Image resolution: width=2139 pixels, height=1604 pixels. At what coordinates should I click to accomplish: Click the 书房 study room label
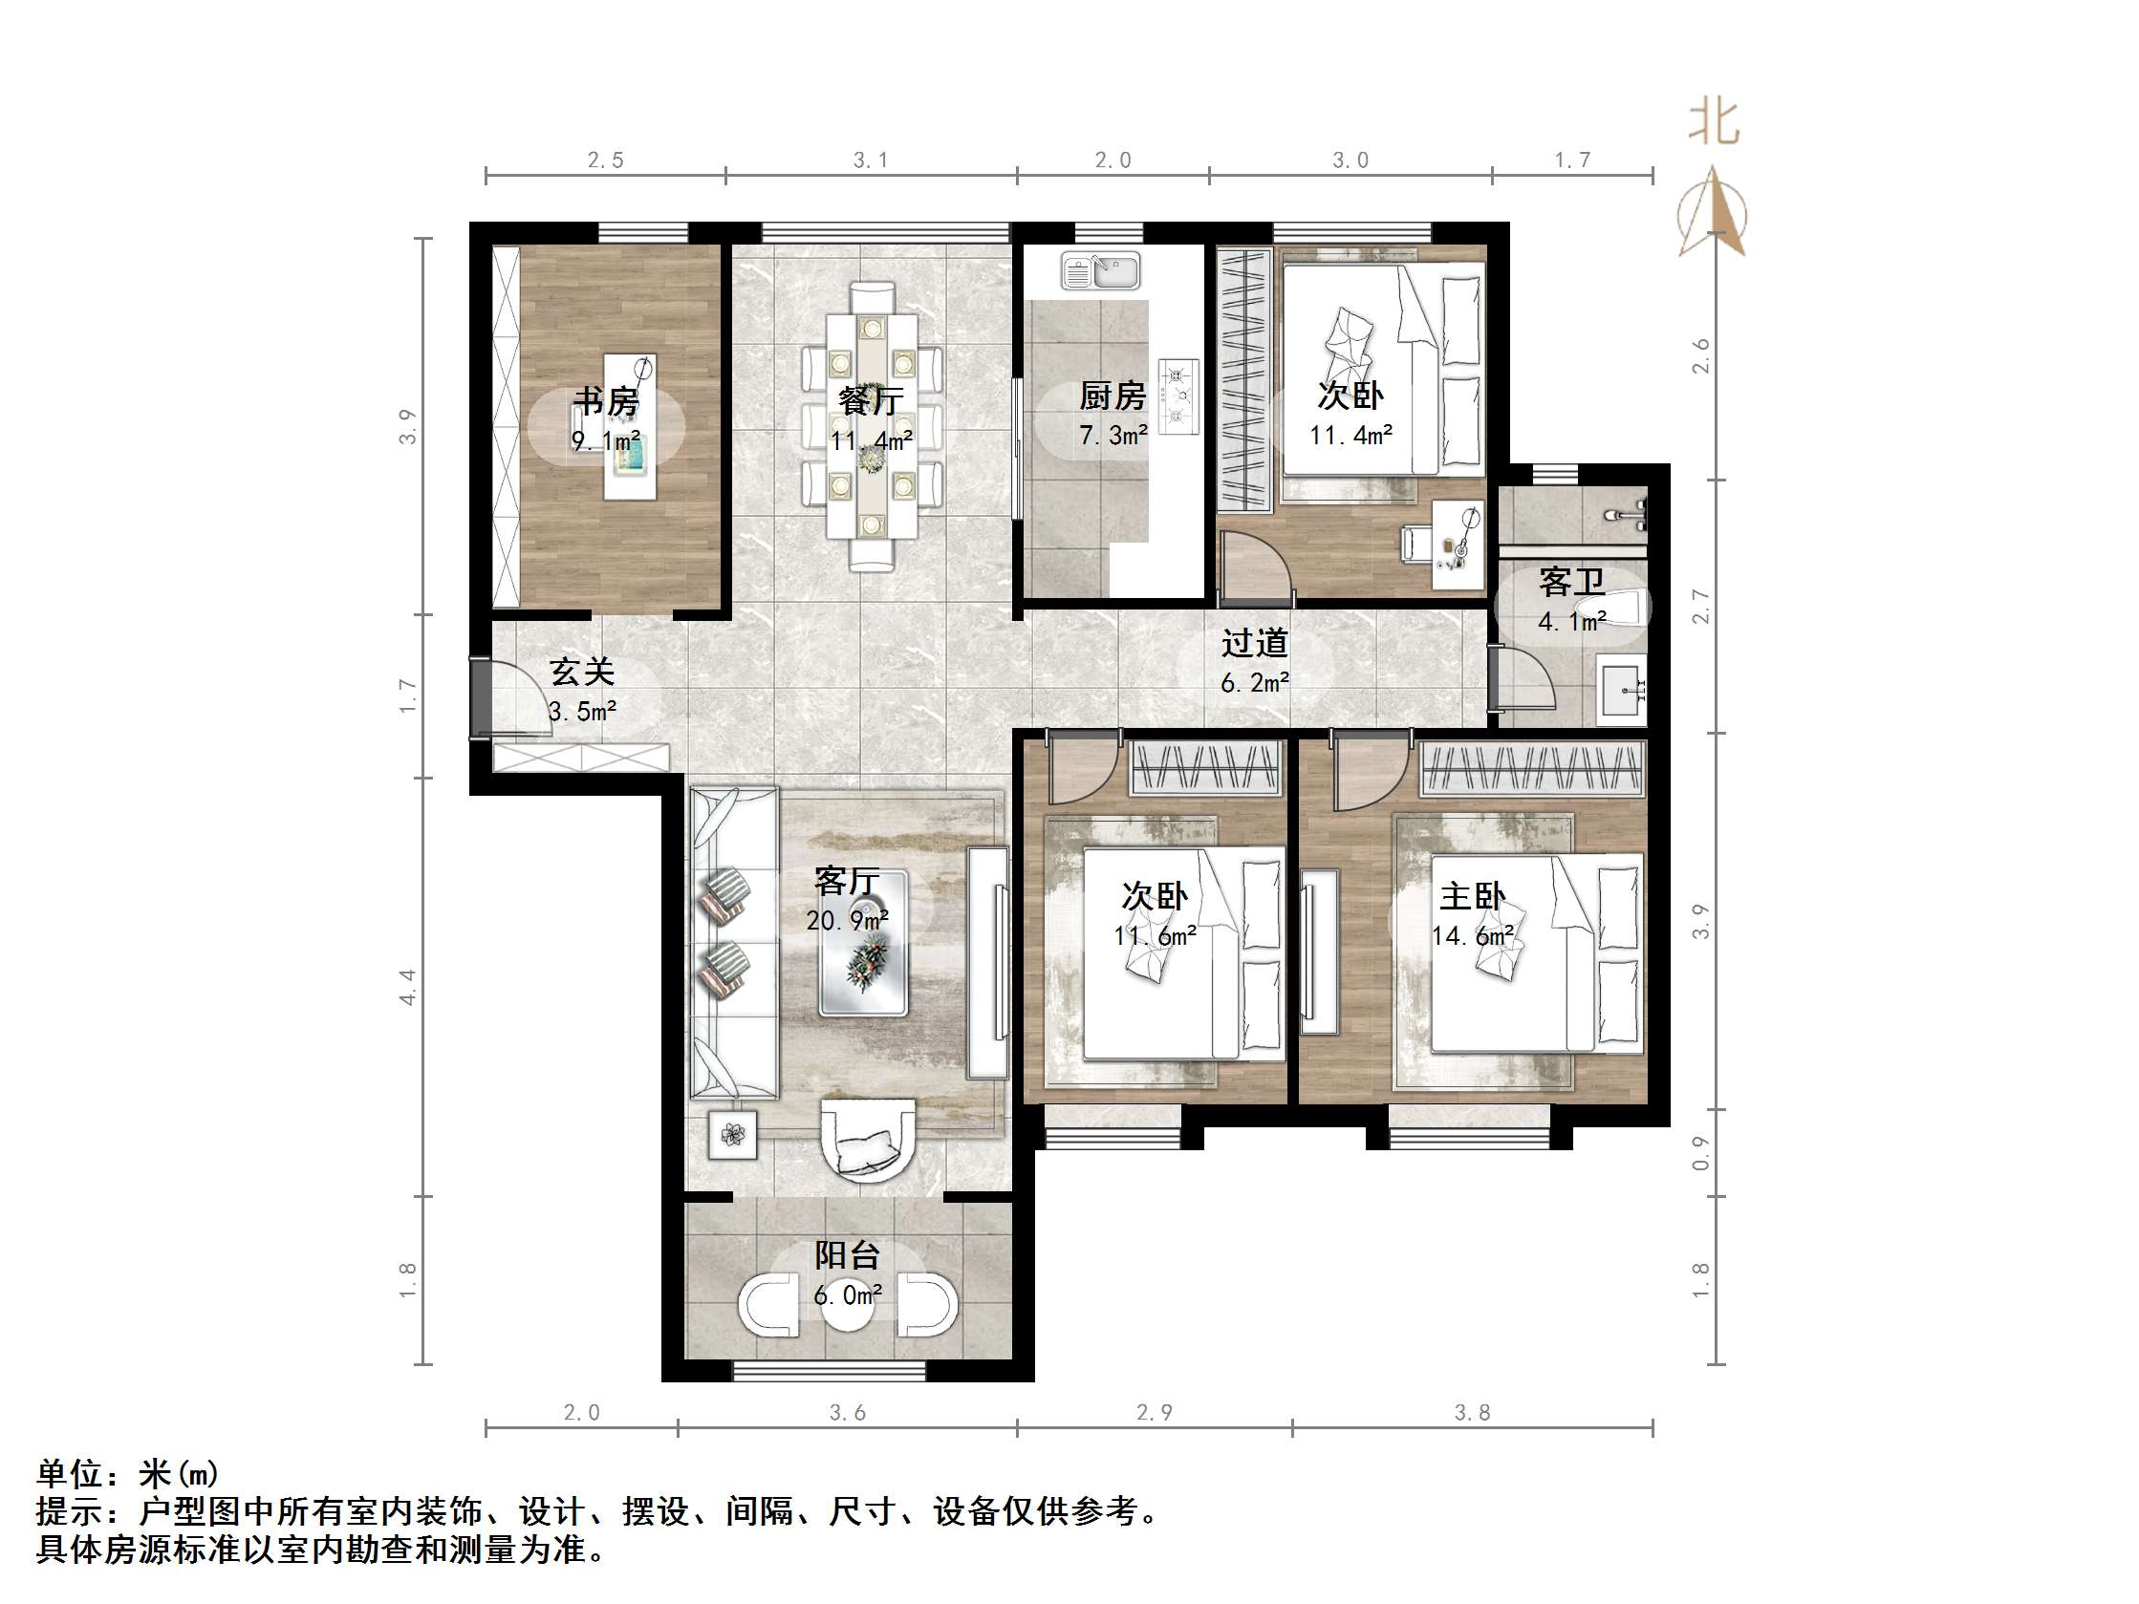pyautogui.click(x=606, y=400)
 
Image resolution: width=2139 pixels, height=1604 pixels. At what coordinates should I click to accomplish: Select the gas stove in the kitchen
pyautogui.click(x=1178, y=396)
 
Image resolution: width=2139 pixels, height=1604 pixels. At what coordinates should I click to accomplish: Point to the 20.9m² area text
pyautogui.click(x=847, y=920)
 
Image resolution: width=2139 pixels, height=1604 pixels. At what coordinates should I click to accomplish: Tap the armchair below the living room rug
pyautogui.click(x=868, y=1142)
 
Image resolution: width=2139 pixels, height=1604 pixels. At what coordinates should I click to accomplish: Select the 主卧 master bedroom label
pyautogui.click(x=1472, y=896)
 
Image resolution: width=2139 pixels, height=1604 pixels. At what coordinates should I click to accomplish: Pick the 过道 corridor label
pyautogui.click(x=1254, y=643)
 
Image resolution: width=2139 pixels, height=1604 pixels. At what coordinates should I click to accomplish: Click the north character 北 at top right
pyautogui.click(x=1714, y=124)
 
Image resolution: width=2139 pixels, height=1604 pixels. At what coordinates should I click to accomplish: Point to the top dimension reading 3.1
pyautogui.click(x=871, y=160)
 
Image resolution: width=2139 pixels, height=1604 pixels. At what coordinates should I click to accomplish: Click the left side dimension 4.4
pyautogui.click(x=408, y=986)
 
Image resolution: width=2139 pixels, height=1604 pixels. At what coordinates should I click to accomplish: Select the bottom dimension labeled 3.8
pyautogui.click(x=1472, y=1413)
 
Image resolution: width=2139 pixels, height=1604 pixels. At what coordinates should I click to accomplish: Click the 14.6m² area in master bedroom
pyautogui.click(x=1472, y=936)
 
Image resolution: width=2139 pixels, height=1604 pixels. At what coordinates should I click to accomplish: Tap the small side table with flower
pyautogui.click(x=732, y=1134)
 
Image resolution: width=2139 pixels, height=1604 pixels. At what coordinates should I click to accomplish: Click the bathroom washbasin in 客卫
pyautogui.click(x=1622, y=690)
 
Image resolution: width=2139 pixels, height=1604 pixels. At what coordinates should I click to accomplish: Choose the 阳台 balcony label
pyautogui.click(x=847, y=1255)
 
